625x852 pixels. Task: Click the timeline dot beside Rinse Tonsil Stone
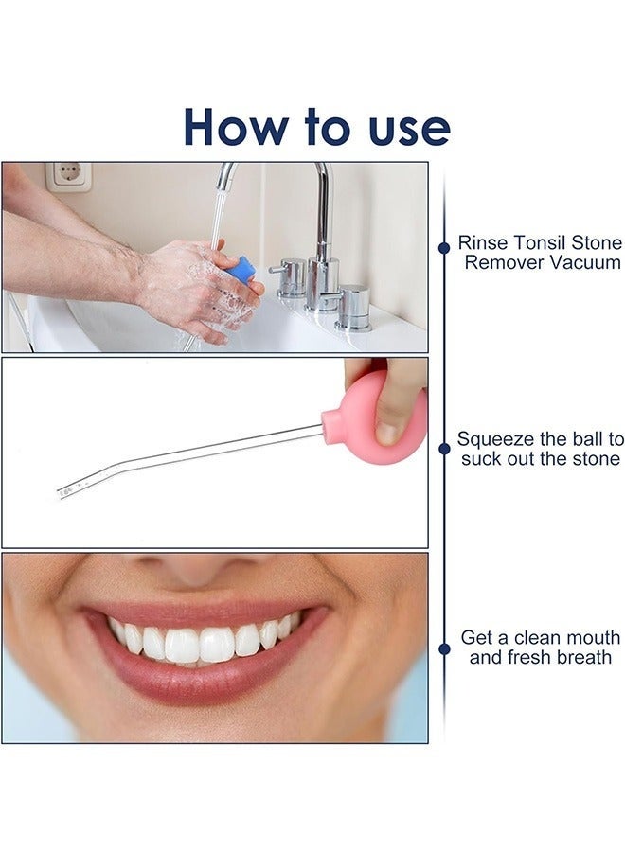[x=444, y=248]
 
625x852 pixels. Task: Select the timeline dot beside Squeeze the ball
[x=444, y=450]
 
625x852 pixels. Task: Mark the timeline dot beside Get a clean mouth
[x=444, y=648]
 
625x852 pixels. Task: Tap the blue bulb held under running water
[x=241, y=270]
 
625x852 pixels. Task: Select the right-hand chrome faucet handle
[x=353, y=306]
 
